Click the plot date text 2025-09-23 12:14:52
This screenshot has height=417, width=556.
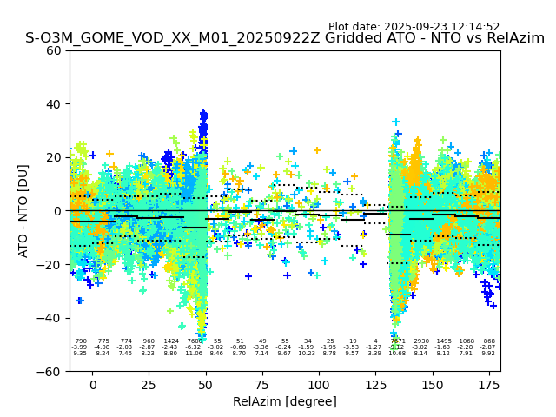(x=414, y=27)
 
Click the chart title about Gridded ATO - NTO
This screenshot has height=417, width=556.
(x=285, y=39)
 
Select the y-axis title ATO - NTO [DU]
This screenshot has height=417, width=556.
(x=23, y=211)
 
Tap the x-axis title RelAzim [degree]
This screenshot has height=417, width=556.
(x=285, y=401)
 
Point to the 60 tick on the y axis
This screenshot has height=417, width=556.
(x=55, y=50)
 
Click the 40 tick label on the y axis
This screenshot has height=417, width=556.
(x=55, y=104)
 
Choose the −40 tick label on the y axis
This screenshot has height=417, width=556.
(x=51, y=318)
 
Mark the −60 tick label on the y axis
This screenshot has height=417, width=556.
(x=51, y=372)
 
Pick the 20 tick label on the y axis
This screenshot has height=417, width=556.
(x=55, y=157)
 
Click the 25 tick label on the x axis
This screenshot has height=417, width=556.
(x=149, y=385)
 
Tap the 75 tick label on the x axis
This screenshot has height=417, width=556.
(x=262, y=385)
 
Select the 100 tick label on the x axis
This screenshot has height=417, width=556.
(x=319, y=385)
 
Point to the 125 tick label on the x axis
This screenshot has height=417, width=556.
(x=375, y=385)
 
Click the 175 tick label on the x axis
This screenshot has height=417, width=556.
(x=488, y=385)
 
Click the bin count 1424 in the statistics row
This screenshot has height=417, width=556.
(x=171, y=341)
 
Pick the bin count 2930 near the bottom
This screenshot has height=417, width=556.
(x=421, y=341)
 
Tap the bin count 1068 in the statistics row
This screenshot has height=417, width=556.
(x=467, y=341)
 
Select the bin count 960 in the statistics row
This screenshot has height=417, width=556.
(x=149, y=341)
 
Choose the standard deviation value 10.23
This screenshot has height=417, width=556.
(x=308, y=354)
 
